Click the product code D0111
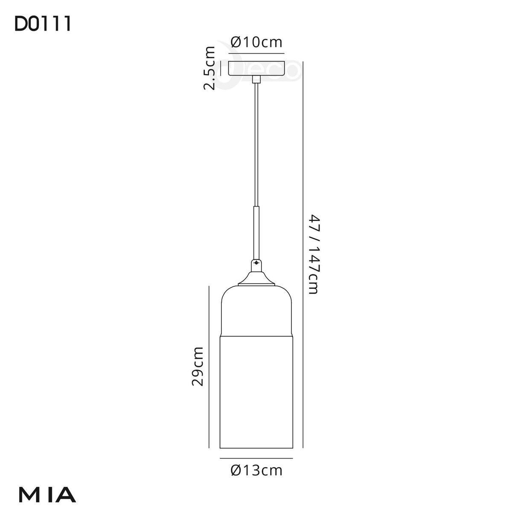point(43,24)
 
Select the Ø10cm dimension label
point(256,42)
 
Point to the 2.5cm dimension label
point(209,68)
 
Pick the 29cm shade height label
point(197,366)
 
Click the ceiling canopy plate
point(256,68)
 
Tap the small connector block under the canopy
point(256,79)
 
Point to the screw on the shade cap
point(256,263)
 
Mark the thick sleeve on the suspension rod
point(256,233)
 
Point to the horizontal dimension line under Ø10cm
point(256,53)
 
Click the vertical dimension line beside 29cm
point(209,367)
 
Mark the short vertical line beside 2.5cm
point(220,68)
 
